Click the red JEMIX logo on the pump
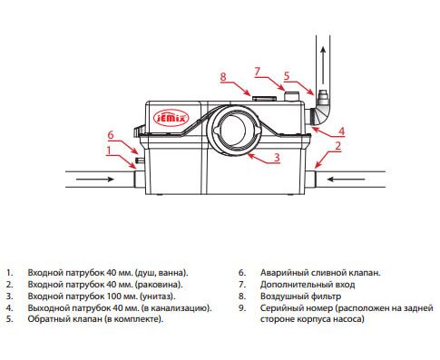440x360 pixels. pos(171,117)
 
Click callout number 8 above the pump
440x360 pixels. pos(223,76)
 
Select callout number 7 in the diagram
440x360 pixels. pos(257,72)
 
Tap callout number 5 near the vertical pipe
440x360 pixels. pos(287,75)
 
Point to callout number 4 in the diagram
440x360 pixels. pos(341,131)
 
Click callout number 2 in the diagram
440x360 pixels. pos(338,146)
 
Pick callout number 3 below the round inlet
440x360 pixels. pos(277,158)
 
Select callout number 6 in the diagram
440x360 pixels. pos(111,135)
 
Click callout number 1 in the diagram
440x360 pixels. pos(109,151)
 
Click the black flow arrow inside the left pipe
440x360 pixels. pos(94,180)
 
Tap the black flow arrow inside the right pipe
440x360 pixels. pos(347,180)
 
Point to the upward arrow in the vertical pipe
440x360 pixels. pos(323,65)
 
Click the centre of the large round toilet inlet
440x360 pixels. pos(235,130)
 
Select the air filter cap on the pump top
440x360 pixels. pos(264,99)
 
